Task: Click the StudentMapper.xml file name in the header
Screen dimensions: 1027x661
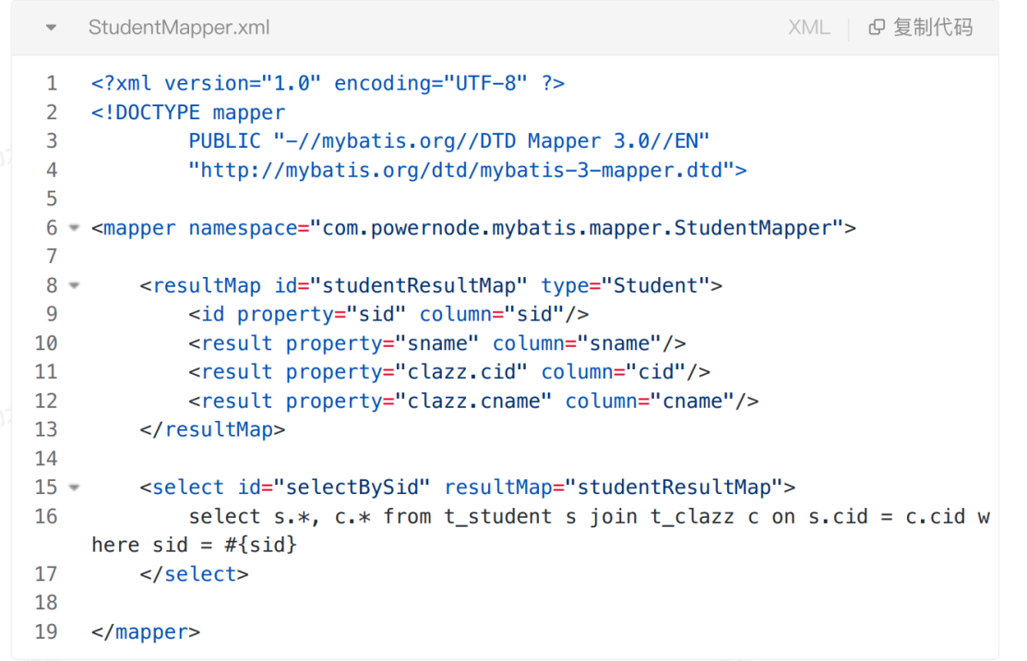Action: (x=179, y=28)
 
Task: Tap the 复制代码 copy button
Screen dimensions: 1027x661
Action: (x=921, y=28)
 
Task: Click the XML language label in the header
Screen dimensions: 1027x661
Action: (x=808, y=28)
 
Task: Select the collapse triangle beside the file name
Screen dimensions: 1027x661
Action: (x=51, y=28)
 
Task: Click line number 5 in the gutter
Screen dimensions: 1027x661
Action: (x=52, y=198)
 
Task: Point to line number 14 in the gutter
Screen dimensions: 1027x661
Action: (x=46, y=458)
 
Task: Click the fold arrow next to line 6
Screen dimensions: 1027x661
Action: (x=74, y=228)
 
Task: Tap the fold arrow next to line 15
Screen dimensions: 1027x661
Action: (x=74, y=487)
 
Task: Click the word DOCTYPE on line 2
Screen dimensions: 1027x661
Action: (x=158, y=113)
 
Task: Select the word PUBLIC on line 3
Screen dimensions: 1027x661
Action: (x=225, y=141)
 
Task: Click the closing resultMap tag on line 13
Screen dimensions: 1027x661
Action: (x=213, y=429)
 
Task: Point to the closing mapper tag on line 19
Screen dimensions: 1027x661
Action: (x=146, y=631)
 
